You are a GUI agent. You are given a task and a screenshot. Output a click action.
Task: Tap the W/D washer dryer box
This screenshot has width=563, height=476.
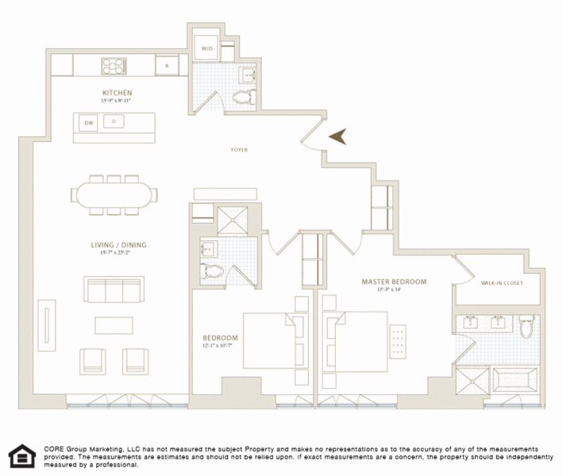coord(206,48)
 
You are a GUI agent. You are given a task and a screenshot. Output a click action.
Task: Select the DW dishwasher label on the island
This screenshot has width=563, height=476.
coord(89,122)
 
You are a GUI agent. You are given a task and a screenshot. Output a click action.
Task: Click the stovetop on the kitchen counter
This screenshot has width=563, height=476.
coord(113,65)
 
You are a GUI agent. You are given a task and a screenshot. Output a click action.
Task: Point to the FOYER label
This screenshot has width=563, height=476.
coord(240,149)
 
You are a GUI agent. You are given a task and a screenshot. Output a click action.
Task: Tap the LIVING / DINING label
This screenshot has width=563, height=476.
coord(118,244)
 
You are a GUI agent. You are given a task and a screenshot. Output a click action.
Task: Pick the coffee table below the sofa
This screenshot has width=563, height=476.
coord(115,325)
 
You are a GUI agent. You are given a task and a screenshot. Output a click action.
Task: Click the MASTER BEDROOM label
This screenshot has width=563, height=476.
coord(394,282)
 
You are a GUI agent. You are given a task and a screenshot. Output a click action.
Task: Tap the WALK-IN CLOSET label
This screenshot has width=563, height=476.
coord(502,282)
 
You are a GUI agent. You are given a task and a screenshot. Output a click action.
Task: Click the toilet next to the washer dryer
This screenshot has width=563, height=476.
coord(243,98)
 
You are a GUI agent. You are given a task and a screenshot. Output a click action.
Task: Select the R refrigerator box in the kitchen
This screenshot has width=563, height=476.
coord(167,65)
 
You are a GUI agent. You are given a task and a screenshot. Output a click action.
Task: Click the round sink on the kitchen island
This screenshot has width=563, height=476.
coord(114,121)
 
